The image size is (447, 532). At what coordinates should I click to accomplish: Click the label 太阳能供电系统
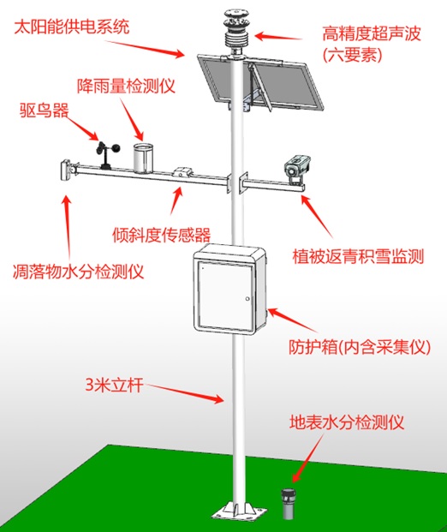72,27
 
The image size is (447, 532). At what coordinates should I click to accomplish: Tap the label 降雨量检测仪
126,86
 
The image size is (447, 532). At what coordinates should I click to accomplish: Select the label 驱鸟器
44,111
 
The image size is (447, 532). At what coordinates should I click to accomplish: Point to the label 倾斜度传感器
162,235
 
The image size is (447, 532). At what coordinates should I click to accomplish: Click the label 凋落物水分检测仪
78,272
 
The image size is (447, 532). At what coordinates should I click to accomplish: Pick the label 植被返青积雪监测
358,256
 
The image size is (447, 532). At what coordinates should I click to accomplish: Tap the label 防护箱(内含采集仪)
360,347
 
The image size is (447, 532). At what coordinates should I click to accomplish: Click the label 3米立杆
114,386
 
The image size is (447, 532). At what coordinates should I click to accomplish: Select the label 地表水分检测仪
347,422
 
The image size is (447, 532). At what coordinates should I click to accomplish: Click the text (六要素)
353,55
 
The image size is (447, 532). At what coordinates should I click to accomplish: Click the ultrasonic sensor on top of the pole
235,30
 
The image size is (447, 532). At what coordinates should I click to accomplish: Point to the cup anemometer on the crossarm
107,155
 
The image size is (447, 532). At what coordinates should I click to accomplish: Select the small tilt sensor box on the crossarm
183,171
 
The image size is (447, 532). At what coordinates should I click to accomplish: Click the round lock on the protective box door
247,299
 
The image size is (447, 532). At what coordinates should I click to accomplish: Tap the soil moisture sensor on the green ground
287,504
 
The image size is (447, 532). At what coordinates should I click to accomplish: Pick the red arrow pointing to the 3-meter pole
183,392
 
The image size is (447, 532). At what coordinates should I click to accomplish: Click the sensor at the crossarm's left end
66,170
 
